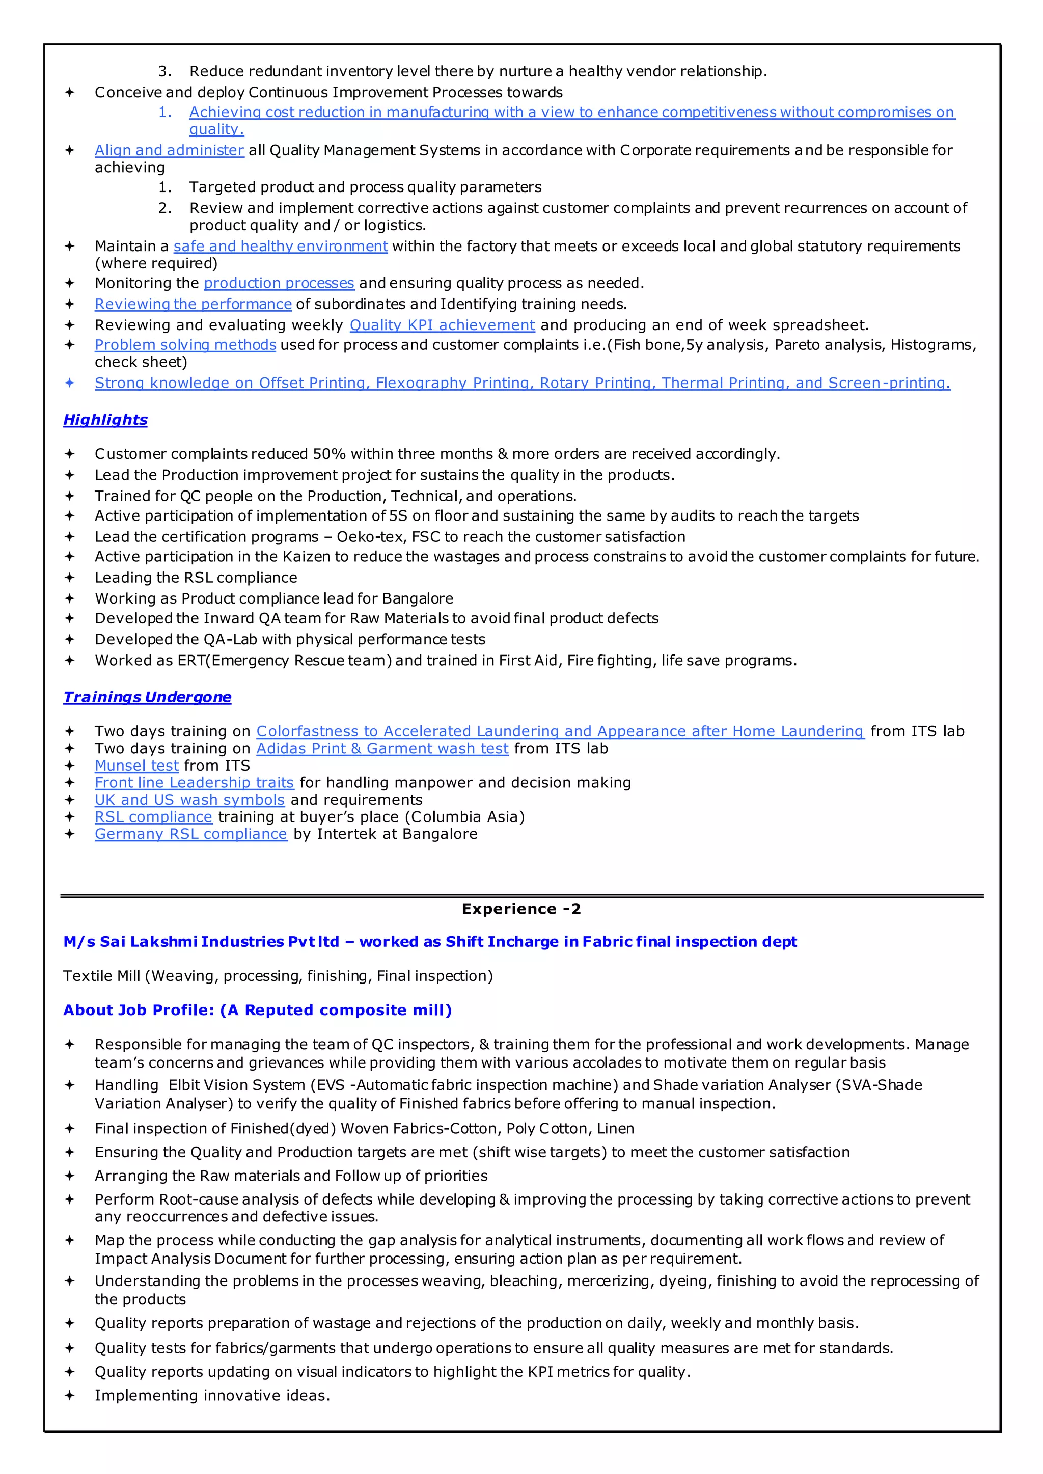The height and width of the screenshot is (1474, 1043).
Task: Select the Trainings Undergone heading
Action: (147, 697)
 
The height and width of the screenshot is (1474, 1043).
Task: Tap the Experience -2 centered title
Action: (521, 909)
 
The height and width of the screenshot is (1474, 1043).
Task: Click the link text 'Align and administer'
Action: (169, 150)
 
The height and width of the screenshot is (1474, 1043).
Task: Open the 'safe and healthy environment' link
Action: (280, 246)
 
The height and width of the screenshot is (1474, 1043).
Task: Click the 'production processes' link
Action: (279, 283)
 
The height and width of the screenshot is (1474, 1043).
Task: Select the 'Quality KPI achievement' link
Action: (442, 325)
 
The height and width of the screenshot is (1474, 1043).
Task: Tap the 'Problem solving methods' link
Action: (185, 345)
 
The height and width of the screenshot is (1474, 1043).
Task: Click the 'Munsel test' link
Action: (136, 766)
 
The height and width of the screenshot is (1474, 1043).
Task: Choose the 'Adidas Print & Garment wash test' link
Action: (382, 748)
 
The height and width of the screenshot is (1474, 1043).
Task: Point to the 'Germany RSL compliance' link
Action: (191, 834)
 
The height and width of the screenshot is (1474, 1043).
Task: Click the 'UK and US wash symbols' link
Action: (189, 800)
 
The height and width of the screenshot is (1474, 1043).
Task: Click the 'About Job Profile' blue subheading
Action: (257, 1011)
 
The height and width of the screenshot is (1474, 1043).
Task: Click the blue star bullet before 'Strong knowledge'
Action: (69, 383)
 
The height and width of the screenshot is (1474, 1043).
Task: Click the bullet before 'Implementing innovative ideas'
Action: (69, 1395)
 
